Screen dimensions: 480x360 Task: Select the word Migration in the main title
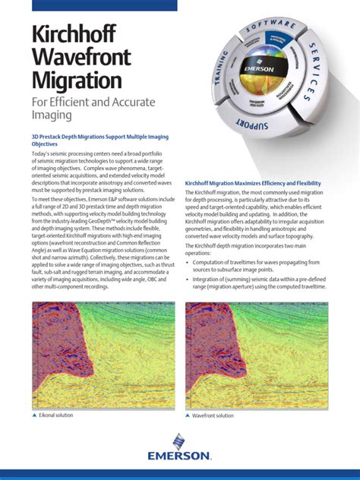77,80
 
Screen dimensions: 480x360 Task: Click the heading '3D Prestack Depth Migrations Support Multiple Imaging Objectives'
99,139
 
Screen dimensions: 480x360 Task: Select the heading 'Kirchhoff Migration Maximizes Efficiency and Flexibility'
253,184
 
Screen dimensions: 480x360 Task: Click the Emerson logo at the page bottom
180,450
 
